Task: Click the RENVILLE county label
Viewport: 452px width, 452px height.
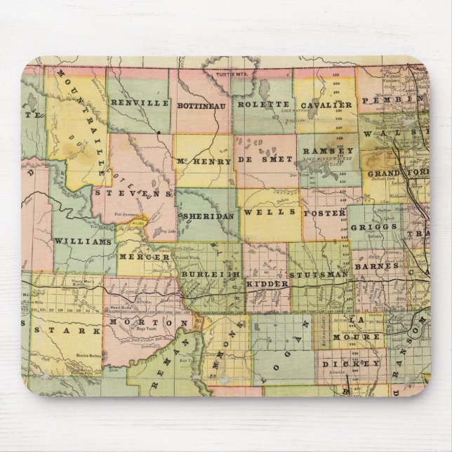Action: tap(140, 103)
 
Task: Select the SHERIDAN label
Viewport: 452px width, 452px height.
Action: tap(208, 217)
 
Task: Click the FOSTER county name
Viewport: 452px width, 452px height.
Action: tap(324, 213)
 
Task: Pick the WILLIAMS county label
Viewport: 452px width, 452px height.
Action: tap(82, 241)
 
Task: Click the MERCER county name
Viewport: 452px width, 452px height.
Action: tap(145, 258)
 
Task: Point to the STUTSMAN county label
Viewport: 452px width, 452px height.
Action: tap(319, 276)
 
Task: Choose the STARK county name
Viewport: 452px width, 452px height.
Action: tap(66, 330)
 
